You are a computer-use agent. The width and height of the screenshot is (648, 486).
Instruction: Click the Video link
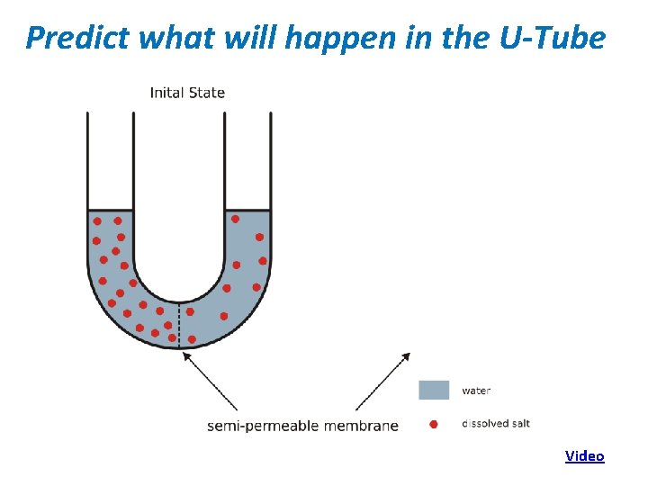(584, 455)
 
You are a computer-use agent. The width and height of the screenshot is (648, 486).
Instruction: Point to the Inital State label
(187, 92)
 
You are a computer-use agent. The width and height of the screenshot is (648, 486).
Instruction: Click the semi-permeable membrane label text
(302, 425)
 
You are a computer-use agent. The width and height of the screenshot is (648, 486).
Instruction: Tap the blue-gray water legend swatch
(434, 390)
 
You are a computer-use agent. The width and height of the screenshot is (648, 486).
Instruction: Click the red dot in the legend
(434, 424)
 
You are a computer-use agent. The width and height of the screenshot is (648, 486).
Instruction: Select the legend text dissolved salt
(497, 423)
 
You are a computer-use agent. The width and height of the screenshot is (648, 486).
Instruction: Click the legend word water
(476, 391)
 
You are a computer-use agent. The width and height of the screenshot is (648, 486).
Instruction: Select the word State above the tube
(207, 92)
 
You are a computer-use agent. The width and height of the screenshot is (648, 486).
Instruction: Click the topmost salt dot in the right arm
(235, 219)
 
